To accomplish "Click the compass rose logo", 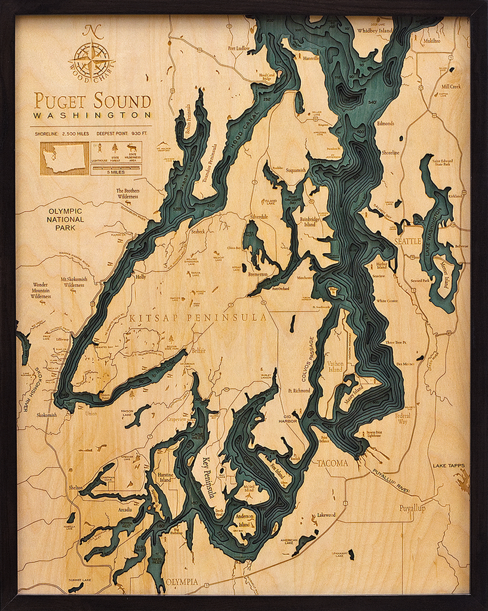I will tap(91, 58).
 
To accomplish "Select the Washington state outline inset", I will tap(64, 158).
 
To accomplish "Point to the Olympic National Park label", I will tap(66, 219).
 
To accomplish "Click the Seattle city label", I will tap(408, 241).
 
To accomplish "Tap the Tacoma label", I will tap(332, 463).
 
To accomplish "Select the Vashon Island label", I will tap(334, 366).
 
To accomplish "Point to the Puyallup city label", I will tap(412, 508).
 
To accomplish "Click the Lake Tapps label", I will tap(449, 465).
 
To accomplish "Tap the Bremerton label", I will tap(257, 275).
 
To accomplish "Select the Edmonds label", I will tap(385, 124).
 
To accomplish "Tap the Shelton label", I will tap(76, 487).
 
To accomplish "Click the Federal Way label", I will tap(403, 418).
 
